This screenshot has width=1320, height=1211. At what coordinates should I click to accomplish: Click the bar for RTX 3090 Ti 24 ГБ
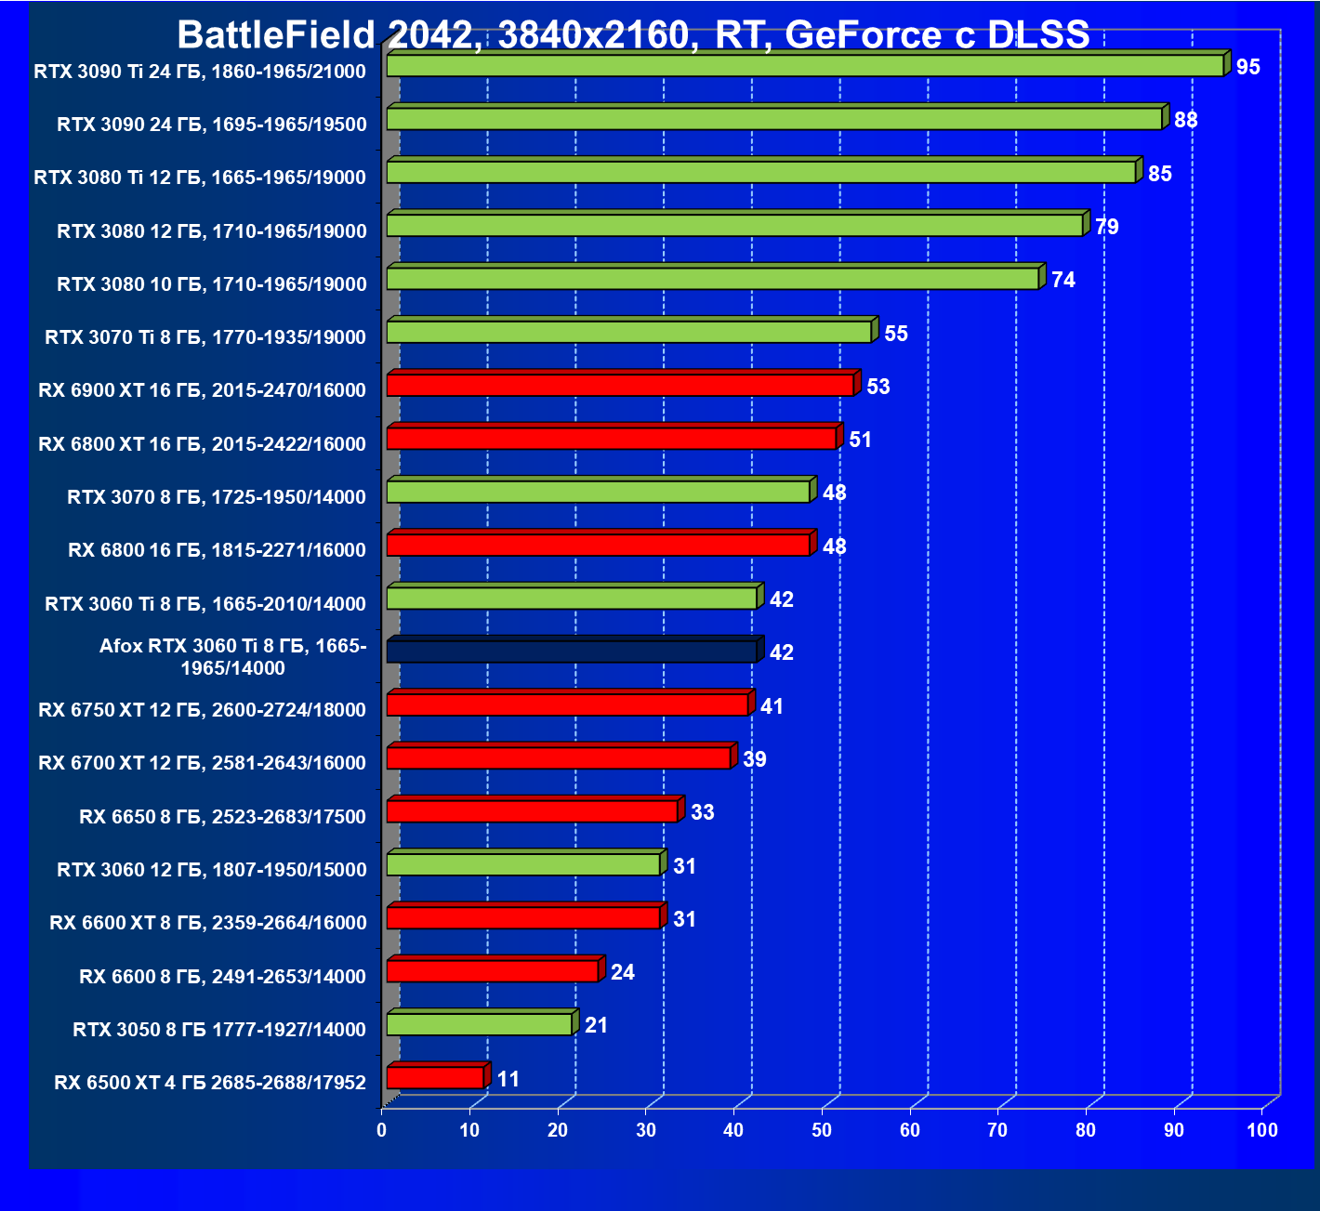[804, 66]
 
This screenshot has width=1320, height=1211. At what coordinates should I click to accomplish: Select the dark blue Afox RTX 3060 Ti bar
[572, 652]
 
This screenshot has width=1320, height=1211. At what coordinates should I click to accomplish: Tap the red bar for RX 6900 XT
[620, 385]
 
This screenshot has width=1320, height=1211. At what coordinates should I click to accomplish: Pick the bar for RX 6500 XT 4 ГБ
[435, 1078]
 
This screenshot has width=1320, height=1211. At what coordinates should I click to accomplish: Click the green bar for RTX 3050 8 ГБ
[479, 1024]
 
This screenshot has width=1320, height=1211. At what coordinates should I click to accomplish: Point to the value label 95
[1248, 67]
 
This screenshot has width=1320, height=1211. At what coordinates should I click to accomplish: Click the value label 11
[508, 1079]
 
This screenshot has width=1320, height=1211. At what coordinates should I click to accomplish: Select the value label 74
[1063, 280]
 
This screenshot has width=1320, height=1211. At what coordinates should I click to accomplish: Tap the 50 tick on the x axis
[822, 1130]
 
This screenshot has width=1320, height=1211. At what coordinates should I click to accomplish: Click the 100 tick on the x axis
[1262, 1130]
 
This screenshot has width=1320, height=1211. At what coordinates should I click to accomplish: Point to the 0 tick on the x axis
[382, 1130]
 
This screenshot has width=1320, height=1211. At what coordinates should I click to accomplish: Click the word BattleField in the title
[275, 35]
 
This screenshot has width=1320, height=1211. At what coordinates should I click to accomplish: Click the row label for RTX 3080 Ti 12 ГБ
[200, 178]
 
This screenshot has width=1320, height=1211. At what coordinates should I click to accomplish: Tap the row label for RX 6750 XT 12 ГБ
[202, 710]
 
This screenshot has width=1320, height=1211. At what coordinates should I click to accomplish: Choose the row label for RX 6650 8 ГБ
[222, 817]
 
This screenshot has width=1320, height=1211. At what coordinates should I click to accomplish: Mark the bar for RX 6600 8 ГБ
[493, 971]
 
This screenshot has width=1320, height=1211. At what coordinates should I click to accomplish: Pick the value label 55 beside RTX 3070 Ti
[896, 334]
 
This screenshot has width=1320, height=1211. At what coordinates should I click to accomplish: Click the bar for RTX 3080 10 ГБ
[712, 279]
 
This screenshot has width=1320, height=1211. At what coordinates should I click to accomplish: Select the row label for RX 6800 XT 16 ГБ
[202, 444]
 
